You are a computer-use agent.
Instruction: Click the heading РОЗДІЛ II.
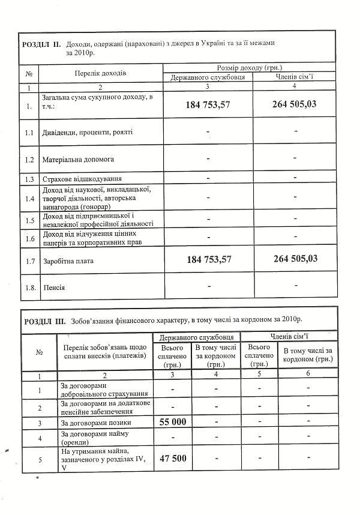(41, 44)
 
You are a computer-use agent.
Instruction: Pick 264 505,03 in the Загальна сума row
(294, 104)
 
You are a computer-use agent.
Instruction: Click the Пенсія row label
(54, 288)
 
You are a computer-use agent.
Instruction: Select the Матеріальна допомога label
(78, 160)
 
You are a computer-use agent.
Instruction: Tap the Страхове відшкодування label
(82, 179)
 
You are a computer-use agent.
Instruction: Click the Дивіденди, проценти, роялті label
(88, 131)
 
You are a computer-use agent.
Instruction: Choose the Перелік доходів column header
(100, 73)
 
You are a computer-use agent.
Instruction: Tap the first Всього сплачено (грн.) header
(172, 355)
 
